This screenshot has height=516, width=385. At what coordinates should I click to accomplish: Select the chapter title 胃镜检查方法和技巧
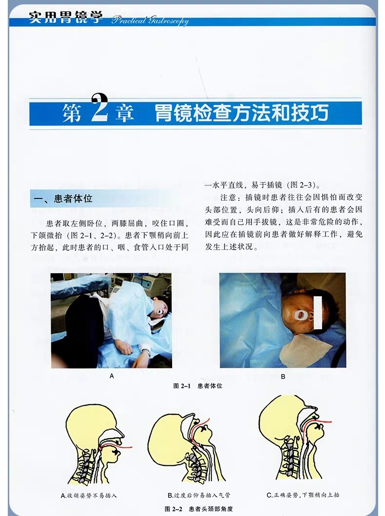pos(241,113)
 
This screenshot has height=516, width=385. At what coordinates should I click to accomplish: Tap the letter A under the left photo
pos(112,376)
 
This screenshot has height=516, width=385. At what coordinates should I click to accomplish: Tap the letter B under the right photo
pos(283,376)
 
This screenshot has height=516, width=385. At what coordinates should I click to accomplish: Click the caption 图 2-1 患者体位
pos(198,386)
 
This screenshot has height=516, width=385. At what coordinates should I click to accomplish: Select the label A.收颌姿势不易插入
pos(89,496)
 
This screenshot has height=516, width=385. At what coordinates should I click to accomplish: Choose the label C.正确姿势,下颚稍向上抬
pos(303,495)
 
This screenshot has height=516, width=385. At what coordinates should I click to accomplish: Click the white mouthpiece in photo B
pos(299,313)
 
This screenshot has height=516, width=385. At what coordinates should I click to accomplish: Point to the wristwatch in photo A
pos(145,351)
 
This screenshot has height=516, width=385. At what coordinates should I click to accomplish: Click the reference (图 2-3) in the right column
pos(302,185)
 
